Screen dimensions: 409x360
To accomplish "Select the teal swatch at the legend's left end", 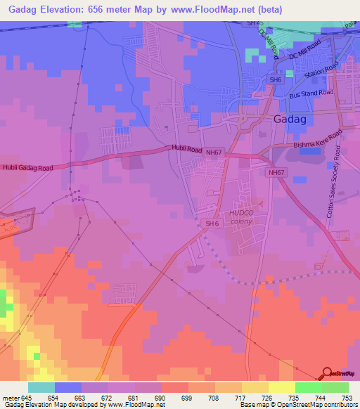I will pos(41,387).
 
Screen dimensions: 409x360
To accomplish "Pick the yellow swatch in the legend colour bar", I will pos(281,387).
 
